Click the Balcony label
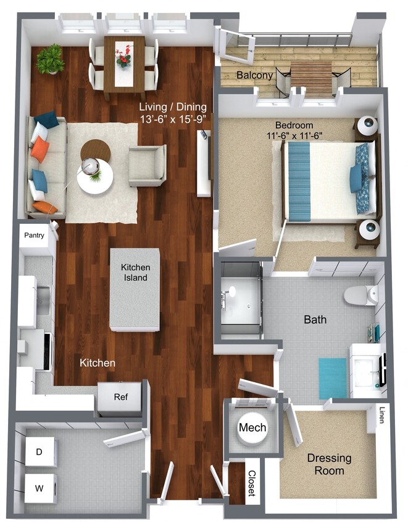tap(255, 75)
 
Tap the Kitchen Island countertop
tap(135, 289)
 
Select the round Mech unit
tap(252, 428)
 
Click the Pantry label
tap(36, 236)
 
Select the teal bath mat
tap(333, 378)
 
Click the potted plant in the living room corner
tap(50, 59)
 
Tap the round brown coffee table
tap(96, 150)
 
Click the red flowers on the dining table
tap(124, 58)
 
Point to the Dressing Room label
tap(330, 464)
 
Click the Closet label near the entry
tap(252, 483)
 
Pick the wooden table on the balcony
tap(310, 74)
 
